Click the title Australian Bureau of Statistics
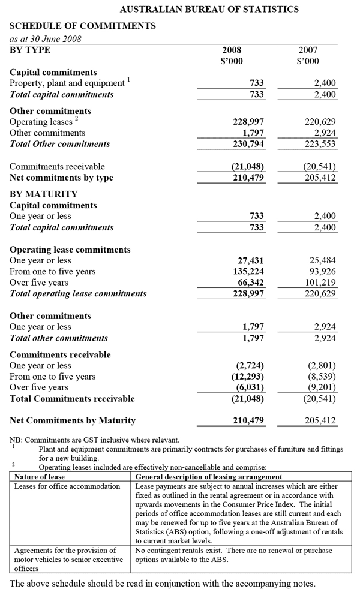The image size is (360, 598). (209, 9)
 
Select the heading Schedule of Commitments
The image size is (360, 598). (83, 26)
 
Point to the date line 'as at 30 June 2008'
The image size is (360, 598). (46, 39)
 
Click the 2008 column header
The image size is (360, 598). (232, 50)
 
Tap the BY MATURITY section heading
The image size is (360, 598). (44, 194)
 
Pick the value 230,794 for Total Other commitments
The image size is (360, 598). (248, 144)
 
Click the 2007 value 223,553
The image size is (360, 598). (320, 144)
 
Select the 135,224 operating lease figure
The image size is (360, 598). (248, 272)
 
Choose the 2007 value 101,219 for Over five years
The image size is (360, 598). (320, 283)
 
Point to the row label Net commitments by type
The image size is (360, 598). (61, 178)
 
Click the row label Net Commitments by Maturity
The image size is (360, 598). (73, 420)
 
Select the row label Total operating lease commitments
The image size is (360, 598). (78, 293)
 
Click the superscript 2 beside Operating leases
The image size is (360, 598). (77, 119)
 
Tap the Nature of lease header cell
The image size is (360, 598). (40, 477)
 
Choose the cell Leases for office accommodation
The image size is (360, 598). (67, 486)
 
